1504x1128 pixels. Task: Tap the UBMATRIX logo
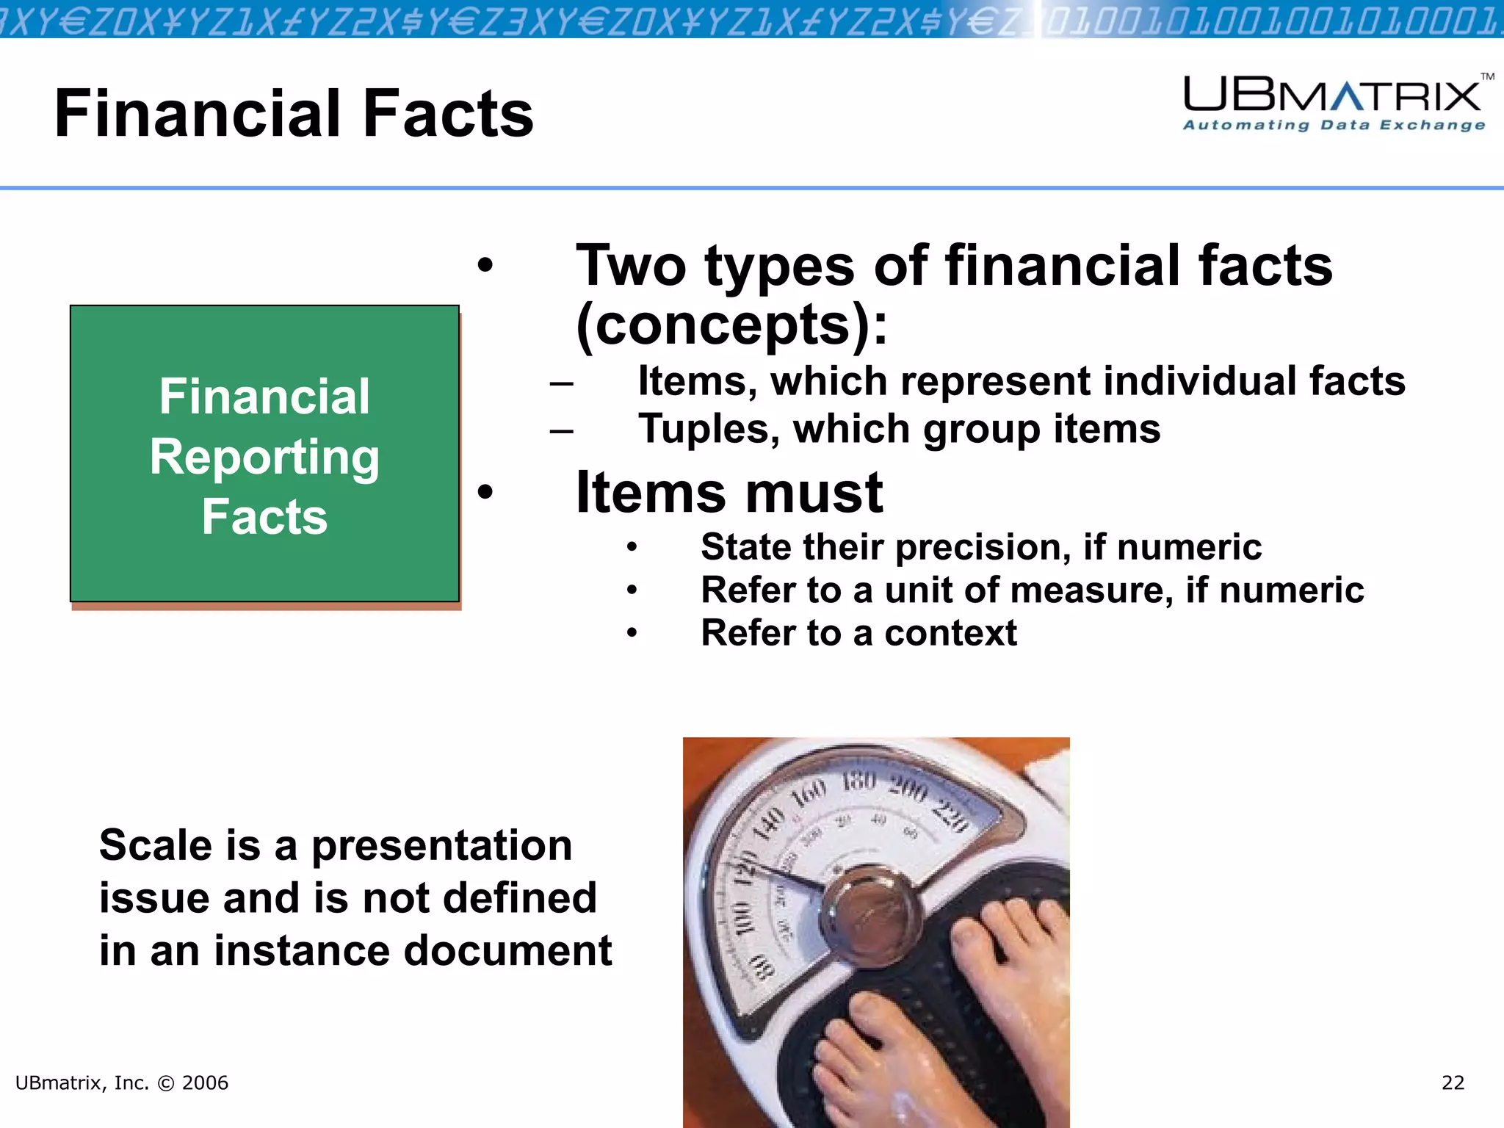tap(1332, 96)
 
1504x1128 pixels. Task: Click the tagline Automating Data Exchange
tap(1334, 126)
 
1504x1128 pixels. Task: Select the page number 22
tap(1453, 1083)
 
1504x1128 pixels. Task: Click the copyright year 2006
tap(205, 1083)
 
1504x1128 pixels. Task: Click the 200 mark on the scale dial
tap(908, 789)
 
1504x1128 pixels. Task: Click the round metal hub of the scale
tap(868, 910)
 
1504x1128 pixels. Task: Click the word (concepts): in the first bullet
tap(732, 325)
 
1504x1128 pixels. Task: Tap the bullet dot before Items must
tap(485, 491)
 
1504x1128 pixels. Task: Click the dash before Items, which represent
tap(561, 383)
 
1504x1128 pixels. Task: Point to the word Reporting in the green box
tap(264, 458)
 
